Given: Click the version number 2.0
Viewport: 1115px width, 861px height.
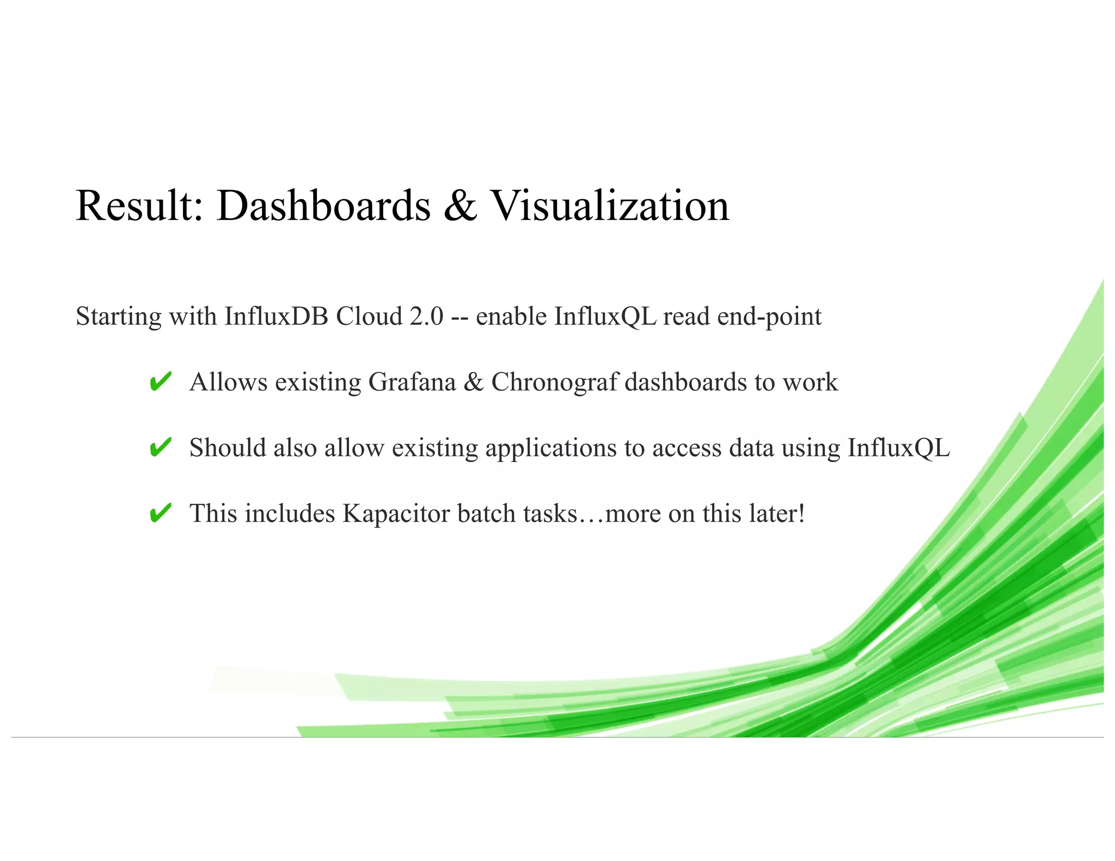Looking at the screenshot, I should (426, 316).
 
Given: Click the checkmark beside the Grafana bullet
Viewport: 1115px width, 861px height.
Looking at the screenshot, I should (160, 382).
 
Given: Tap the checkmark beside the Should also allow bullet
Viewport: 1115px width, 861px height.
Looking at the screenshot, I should (160, 447).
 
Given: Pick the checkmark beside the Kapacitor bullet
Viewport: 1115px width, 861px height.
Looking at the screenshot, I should (160, 513).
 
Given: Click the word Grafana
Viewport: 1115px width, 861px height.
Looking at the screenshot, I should (412, 382).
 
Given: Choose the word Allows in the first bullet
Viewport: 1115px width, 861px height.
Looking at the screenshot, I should (228, 382).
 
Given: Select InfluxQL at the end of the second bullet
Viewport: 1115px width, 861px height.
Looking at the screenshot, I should (898, 448).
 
